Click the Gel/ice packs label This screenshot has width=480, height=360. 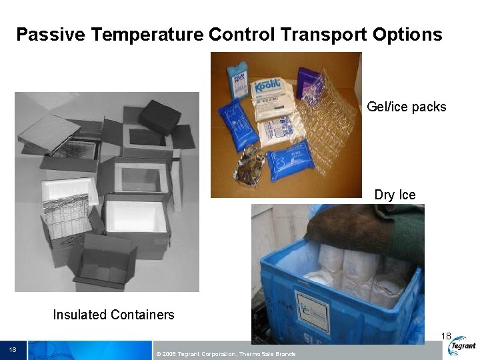pyautogui.click(x=406, y=107)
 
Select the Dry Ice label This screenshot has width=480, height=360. pyautogui.click(x=395, y=195)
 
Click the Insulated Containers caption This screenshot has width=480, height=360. pyautogui.click(x=113, y=315)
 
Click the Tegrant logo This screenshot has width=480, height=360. pyautogui.click(x=462, y=347)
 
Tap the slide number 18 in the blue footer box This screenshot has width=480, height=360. pyautogui.click(x=13, y=349)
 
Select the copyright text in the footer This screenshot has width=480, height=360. pyautogui.click(x=225, y=353)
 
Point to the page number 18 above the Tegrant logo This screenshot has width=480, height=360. pyautogui.click(x=446, y=335)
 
